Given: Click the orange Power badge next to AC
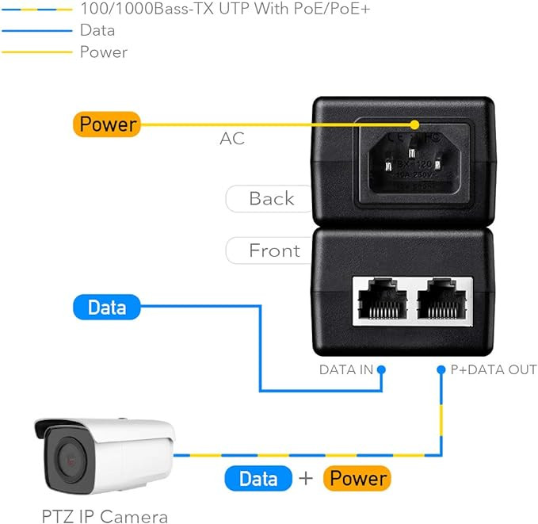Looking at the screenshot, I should pos(107,124).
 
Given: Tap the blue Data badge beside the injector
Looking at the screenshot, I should pos(107,307).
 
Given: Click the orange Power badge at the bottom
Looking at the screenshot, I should pos(358,478).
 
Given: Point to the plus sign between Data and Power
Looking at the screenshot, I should pos(306,478).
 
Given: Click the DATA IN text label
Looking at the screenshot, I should pos(345,369).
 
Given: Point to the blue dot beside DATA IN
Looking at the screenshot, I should pos(381,369).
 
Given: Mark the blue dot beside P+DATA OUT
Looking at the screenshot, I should pos(441,369).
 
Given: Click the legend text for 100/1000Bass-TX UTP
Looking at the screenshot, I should pos(225,10).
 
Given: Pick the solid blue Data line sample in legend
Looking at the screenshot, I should pos(36,31).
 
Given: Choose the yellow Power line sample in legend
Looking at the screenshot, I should pos(36,52).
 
